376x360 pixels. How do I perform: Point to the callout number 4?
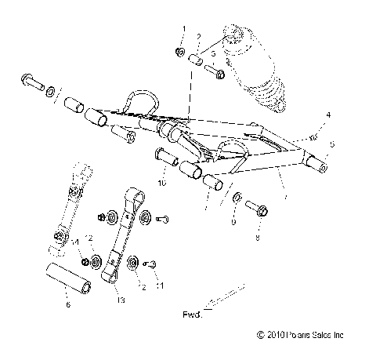coord(328,115)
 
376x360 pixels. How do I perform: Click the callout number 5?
coord(332,145)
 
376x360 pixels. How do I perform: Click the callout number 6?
coord(67,304)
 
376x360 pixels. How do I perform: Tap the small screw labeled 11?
coord(152,264)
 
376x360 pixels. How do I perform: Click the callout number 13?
coord(120,300)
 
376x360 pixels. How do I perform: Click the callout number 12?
coord(90,238)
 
